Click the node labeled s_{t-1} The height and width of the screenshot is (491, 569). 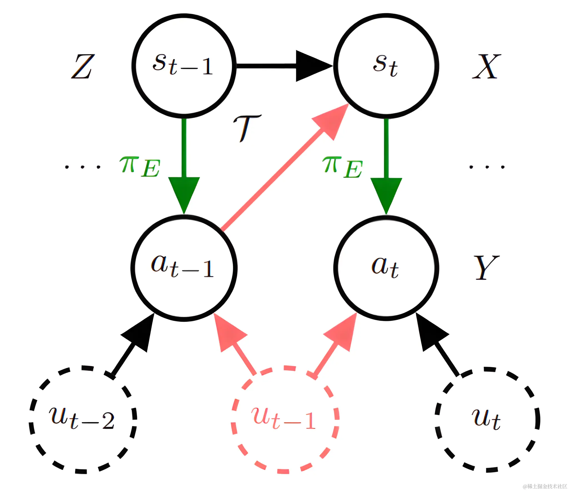tap(184, 66)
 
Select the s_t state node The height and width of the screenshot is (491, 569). tap(386, 66)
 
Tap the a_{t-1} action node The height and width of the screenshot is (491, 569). tap(184, 268)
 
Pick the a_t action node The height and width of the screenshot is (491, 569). tap(386, 268)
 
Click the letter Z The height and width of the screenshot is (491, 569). tap(83, 66)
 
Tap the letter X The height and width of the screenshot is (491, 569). tap(486, 66)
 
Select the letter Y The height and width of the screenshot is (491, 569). tap(486, 267)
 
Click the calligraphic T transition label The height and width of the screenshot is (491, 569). tap(247, 128)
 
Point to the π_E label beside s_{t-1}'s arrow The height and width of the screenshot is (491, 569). tap(140, 167)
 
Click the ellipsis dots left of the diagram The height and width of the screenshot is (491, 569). tap(83, 167)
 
